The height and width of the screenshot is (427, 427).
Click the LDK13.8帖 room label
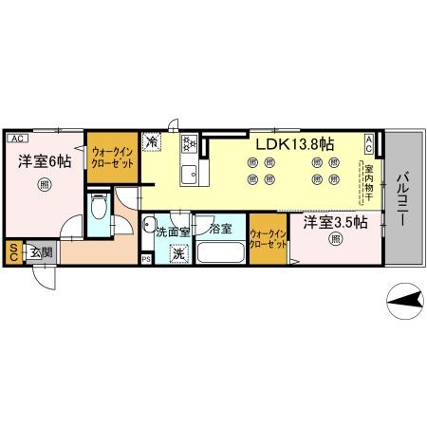pos(293,144)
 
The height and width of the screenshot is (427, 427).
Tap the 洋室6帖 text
pos(45,161)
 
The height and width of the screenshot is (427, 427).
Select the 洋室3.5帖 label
pos(336,224)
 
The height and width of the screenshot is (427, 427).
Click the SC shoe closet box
pos(14,251)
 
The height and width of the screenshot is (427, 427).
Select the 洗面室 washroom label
pos(173,231)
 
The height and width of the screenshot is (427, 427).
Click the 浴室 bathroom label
pos(221,230)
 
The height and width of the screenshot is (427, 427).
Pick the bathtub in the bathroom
pos(221,253)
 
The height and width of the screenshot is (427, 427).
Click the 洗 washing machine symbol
pos(178,253)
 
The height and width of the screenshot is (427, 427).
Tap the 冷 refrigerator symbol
pos(153,143)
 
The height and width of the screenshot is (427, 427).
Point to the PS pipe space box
pos(145,258)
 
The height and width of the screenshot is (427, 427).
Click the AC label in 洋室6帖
pos(17,138)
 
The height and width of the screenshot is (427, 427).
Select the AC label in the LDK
pos(371,142)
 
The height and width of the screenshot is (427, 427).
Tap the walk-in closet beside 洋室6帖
pos(112,157)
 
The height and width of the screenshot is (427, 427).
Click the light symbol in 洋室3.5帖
pos(334,241)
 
